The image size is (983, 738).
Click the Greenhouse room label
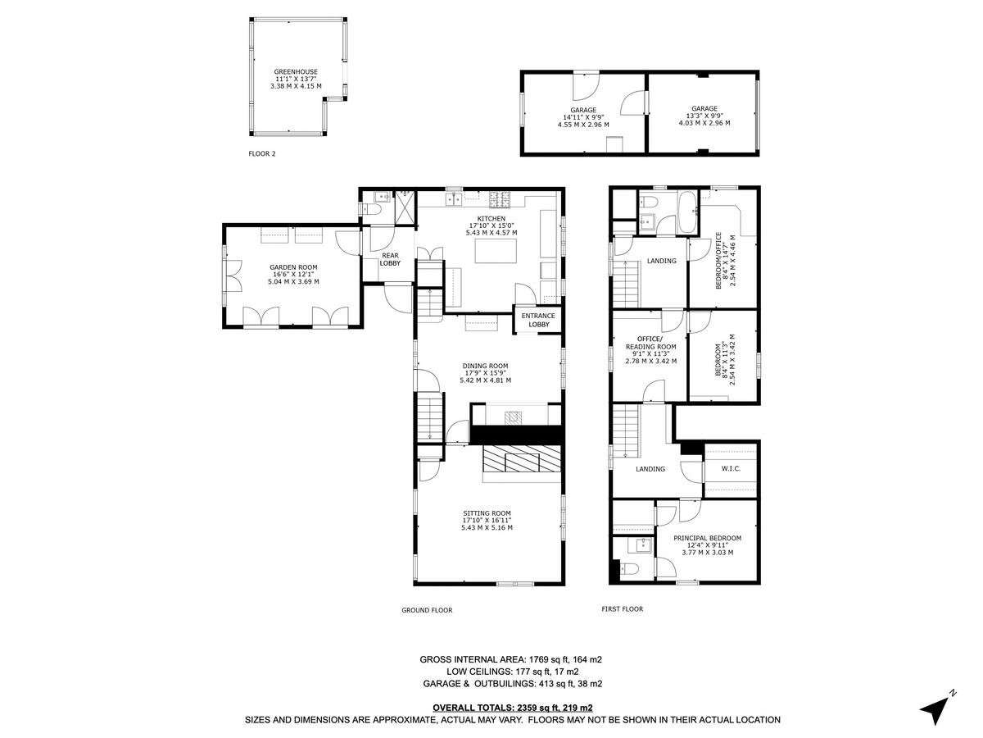point(296,71)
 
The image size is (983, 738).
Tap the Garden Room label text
point(293,267)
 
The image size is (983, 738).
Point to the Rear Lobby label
point(390,259)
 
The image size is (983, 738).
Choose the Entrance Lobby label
point(537,320)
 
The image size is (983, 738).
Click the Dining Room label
point(487,366)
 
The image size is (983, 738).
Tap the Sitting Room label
point(487,513)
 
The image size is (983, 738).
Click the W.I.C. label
point(731,469)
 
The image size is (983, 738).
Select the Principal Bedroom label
point(707,538)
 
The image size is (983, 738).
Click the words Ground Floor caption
point(426,610)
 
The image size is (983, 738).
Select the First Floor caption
point(622,609)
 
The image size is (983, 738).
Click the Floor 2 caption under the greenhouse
point(262,153)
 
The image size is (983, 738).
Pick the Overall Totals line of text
point(512,707)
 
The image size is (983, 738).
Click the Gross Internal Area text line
point(512,659)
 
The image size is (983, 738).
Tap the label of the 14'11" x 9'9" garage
point(583,110)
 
